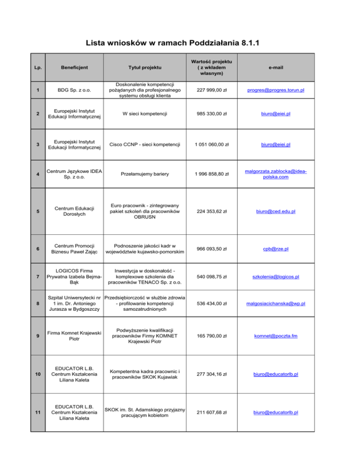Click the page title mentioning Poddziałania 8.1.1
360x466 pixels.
[180, 44]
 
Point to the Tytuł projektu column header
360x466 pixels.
[145, 68]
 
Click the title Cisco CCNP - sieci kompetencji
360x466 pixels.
[145, 144]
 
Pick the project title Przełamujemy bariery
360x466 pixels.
[145, 174]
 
